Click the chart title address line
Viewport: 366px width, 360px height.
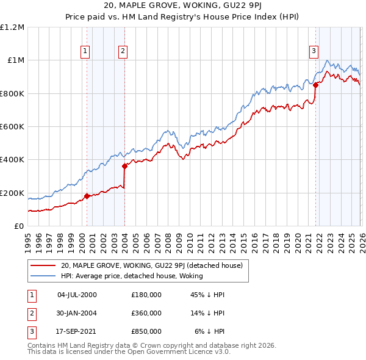(x=183, y=7)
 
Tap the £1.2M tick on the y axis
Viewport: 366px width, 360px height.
(x=12, y=27)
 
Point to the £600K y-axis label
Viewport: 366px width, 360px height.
(x=12, y=127)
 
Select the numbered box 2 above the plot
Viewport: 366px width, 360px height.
(x=123, y=52)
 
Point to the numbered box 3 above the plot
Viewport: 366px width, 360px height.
(x=314, y=52)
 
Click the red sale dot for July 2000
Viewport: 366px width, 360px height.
(x=87, y=196)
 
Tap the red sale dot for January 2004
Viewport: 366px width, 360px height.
(x=124, y=166)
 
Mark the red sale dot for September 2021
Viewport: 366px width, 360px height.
(x=316, y=85)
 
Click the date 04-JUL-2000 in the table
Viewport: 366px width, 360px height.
(x=77, y=295)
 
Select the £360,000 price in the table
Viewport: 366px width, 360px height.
(x=146, y=313)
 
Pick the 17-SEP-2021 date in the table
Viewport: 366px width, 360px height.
(x=77, y=331)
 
